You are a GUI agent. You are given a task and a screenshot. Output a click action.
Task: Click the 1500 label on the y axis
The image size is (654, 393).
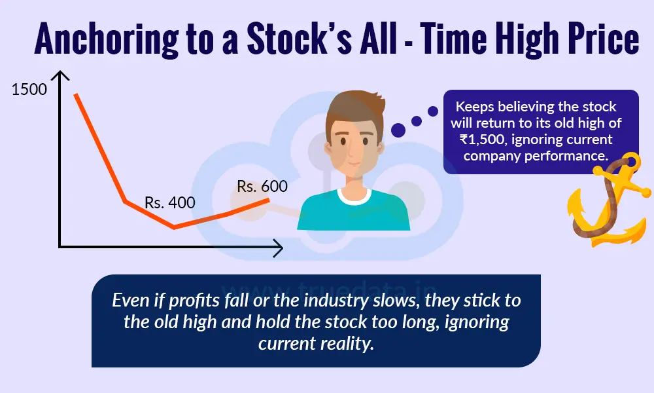click(x=29, y=89)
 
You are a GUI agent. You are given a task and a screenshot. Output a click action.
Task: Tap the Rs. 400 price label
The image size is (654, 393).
click(x=170, y=203)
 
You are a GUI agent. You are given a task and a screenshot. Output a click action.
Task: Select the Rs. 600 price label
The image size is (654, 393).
click(x=262, y=186)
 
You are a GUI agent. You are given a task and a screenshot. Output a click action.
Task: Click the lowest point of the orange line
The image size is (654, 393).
click(x=174, y=227)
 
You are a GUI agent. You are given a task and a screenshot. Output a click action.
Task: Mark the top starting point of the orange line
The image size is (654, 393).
click(x=75, y=94)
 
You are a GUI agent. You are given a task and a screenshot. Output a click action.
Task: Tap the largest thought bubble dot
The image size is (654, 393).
click(x=398, y=130)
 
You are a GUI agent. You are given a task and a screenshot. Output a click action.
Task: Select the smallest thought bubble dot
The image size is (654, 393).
click(x=432, y=111)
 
